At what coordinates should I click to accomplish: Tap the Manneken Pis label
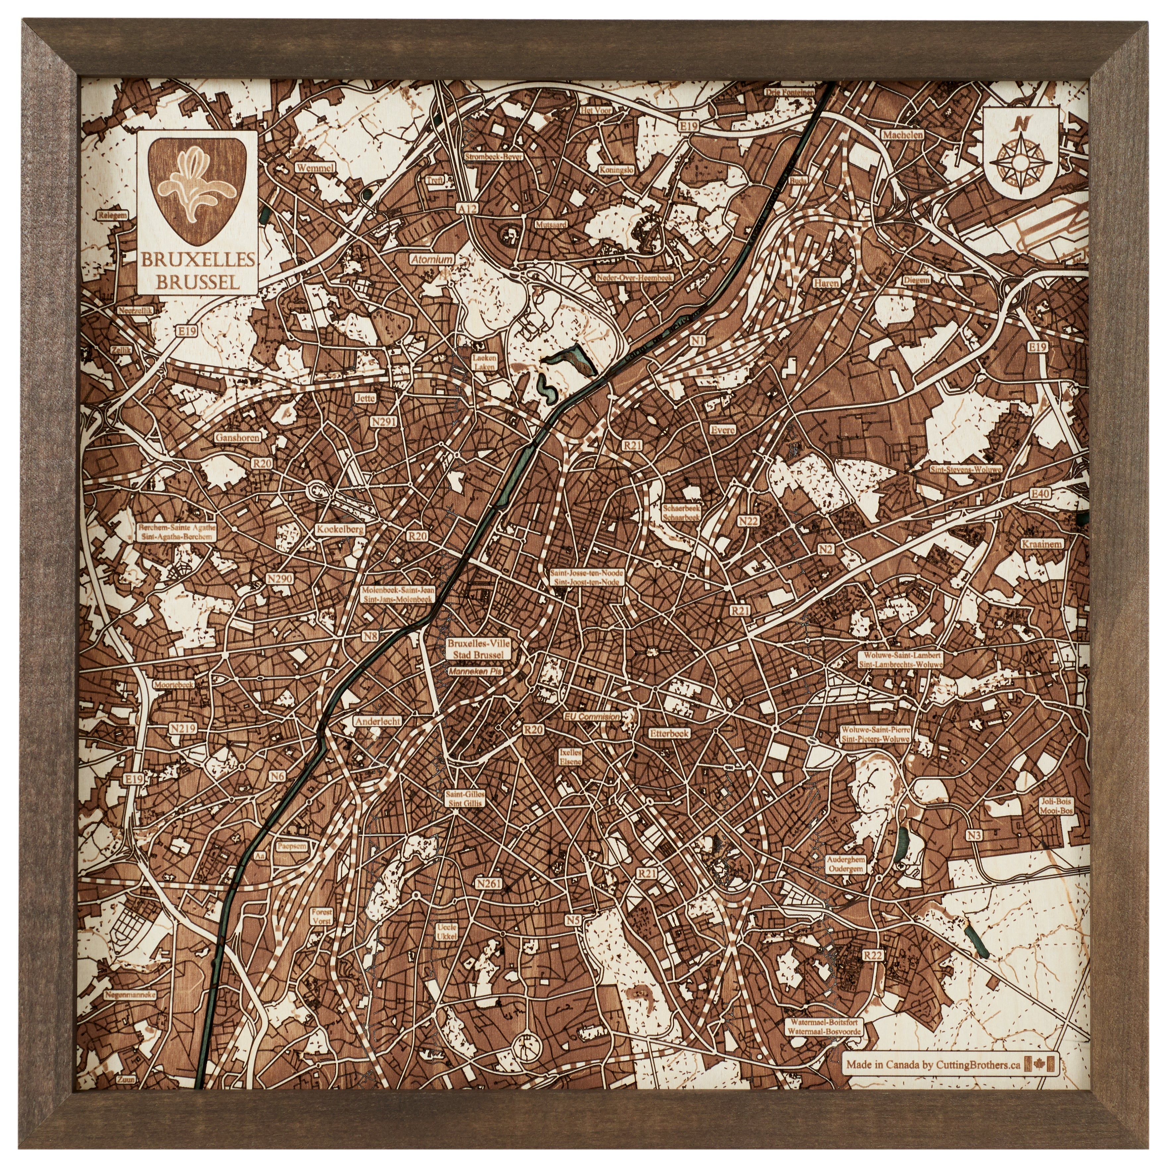coord(475,671)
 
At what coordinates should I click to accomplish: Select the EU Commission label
coord(591,716)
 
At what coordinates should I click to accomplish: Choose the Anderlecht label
coord(377,721)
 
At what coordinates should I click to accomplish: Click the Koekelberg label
coord(340,529)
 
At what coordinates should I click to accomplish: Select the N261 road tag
coord(489,884)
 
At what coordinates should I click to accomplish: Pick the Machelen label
coord(903,135)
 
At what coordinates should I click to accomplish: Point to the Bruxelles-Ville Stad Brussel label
coord(478,649)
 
